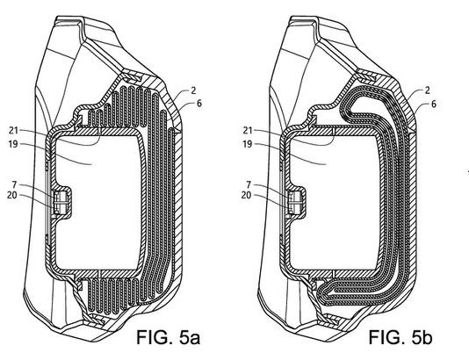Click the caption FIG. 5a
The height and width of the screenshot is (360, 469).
[168, 337]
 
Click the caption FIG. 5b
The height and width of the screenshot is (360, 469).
[400, 337]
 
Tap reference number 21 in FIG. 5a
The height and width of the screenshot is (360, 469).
[13, 131]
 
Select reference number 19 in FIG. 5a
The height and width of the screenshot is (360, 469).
[13, 144]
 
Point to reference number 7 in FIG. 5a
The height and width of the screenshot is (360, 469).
[14, 184]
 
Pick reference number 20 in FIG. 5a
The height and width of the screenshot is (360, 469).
[12, 195]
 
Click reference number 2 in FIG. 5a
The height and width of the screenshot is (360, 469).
[193, 90]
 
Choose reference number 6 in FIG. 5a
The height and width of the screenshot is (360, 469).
[198, 104]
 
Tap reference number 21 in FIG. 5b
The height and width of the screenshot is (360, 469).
[248, 131]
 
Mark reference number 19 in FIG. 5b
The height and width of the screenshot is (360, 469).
[248, 144]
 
